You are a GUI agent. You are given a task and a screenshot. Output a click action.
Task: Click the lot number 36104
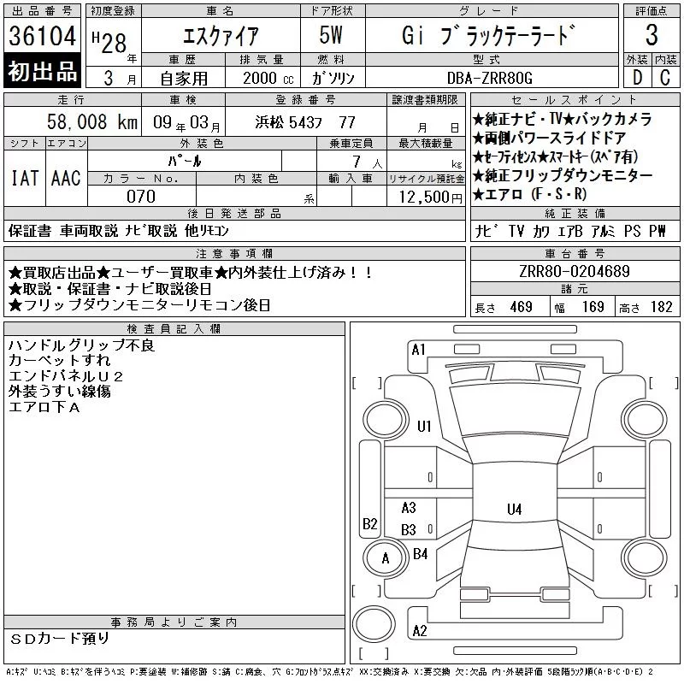[x=42, y=36]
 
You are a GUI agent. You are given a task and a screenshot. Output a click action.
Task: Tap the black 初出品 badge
[x=42, y=71]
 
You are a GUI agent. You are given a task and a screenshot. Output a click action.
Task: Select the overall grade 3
[x=652, y=35]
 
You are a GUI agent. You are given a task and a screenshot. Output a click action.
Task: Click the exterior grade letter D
[x=637, y=78]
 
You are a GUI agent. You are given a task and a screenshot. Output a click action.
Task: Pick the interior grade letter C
[x=665, y=78]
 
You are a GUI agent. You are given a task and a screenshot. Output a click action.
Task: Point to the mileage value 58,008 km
[x=92, y=122]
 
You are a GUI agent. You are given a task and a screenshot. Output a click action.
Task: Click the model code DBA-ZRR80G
[x=490, y=78]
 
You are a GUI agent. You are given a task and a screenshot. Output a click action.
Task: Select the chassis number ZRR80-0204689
[x=575, y=271]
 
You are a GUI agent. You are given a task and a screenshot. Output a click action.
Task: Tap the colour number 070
[x=141, y=197]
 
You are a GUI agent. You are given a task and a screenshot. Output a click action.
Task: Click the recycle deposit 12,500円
[x=431, y=198]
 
